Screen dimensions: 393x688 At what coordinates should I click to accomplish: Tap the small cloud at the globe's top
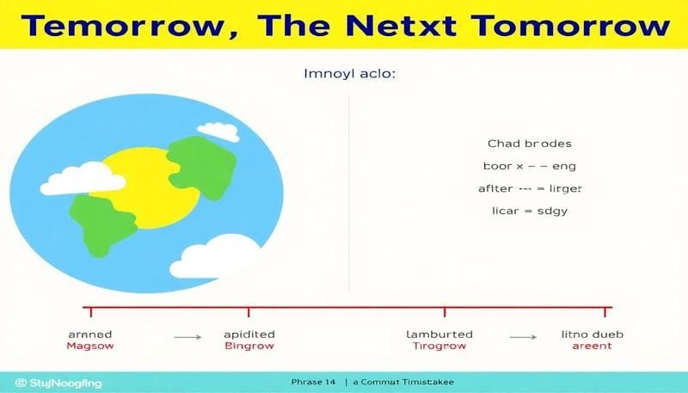coord(218,131)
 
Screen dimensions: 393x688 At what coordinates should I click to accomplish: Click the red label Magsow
coord(90,346)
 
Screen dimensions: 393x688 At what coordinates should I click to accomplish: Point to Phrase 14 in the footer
coord(314,381)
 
